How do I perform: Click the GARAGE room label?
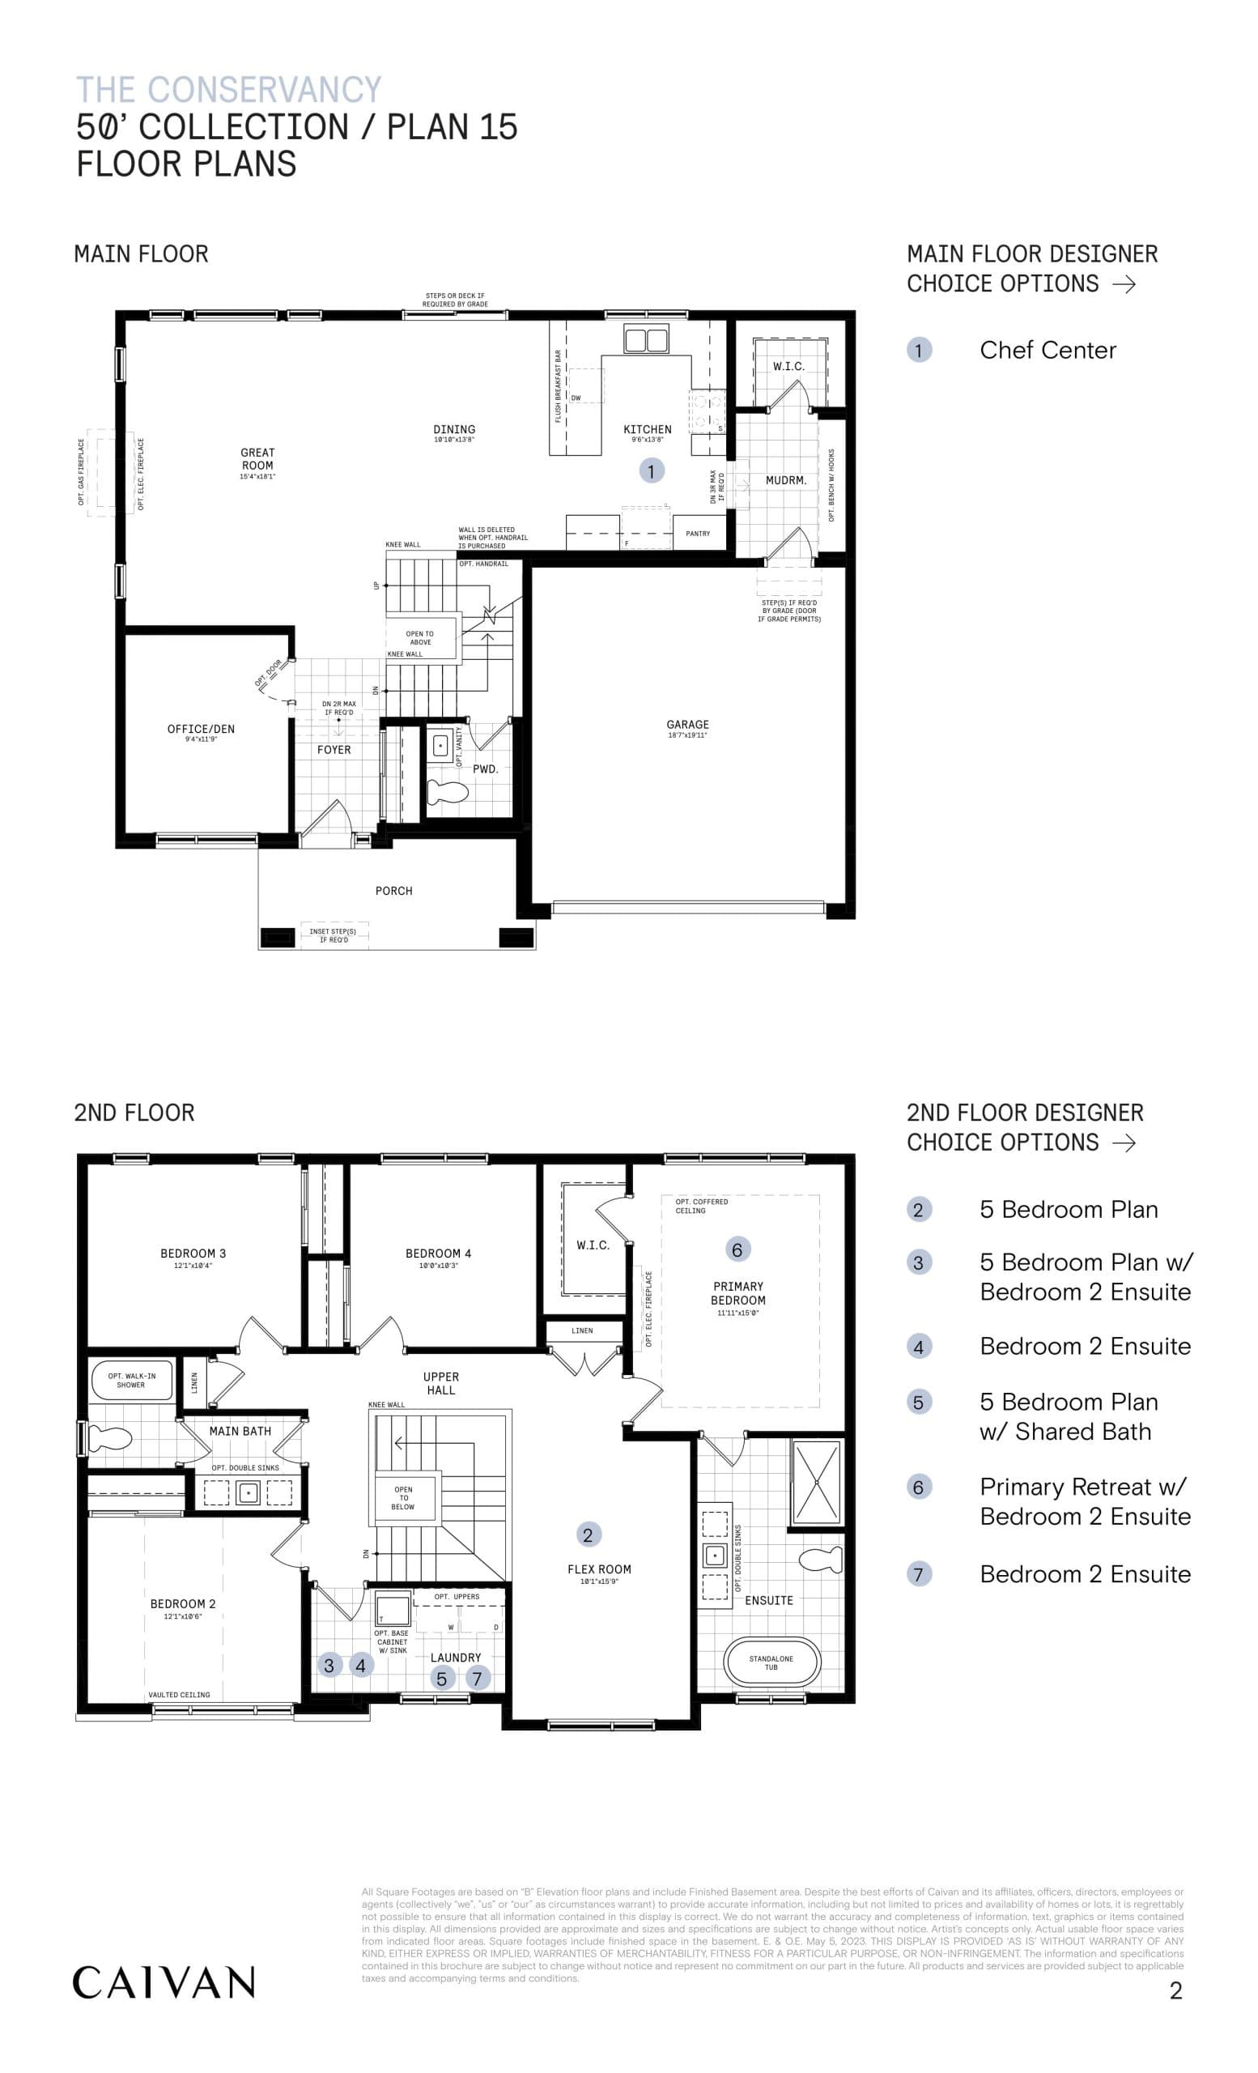[687, 725]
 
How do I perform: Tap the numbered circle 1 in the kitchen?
[651, 471]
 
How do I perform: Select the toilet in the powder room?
[448, 792]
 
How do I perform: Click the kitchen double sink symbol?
[646, 341]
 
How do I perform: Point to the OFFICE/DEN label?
[201, 729]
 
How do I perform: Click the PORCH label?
[393, 891]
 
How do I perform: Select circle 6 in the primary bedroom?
[737, 1249]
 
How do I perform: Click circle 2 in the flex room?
[588, 1535]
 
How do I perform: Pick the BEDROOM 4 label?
[438, 1254]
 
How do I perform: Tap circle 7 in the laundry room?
[477, 1679]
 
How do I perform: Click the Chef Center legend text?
[1048, 350]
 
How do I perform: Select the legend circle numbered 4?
[918, 1347]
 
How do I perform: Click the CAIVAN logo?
[164, 1982]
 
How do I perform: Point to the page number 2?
[1175, 1990]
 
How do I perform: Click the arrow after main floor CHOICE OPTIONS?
[1124, 284]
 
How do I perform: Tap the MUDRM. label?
[785, 480]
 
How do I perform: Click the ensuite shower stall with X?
[816, 1482]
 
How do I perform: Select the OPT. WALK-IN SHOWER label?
[131, 1380]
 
